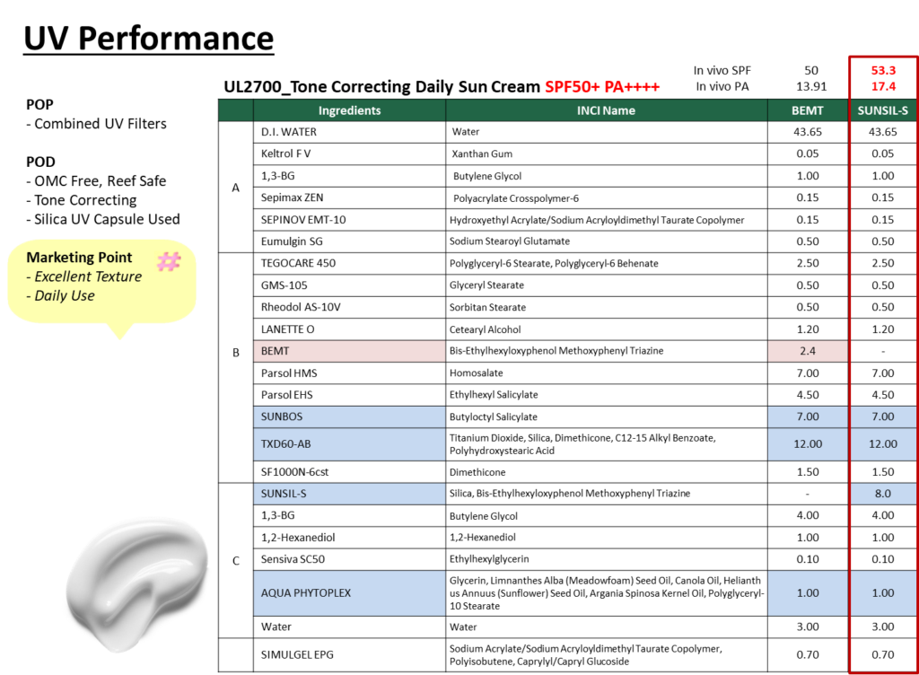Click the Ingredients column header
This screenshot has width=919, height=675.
click(349, 110)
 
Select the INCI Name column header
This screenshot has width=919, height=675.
click(606, 110)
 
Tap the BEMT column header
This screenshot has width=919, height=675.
click(808, 110)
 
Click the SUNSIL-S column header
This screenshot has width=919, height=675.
click(883, 110)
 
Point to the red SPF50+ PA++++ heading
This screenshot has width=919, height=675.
click(602, 87)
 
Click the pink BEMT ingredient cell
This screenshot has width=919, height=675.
click(349, 351)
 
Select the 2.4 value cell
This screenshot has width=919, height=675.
click(808, 351)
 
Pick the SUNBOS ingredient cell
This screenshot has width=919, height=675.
click(349, 416)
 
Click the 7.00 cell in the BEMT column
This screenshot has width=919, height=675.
click(808, 416)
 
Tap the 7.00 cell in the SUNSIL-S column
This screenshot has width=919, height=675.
click(883, 416)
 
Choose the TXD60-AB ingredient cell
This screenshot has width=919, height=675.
click(349, 443)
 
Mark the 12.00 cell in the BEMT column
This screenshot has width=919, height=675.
click(808, 443)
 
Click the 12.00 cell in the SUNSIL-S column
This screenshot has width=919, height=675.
click(883, 443)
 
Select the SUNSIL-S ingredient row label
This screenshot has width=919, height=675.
click(349, 494)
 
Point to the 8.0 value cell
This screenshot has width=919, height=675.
click(883, 494)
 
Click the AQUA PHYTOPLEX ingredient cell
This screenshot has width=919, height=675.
click(349, 592)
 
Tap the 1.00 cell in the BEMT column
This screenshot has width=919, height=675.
click(808, 592)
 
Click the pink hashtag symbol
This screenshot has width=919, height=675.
click(169, 261)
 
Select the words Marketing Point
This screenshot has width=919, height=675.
click(79, 258)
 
